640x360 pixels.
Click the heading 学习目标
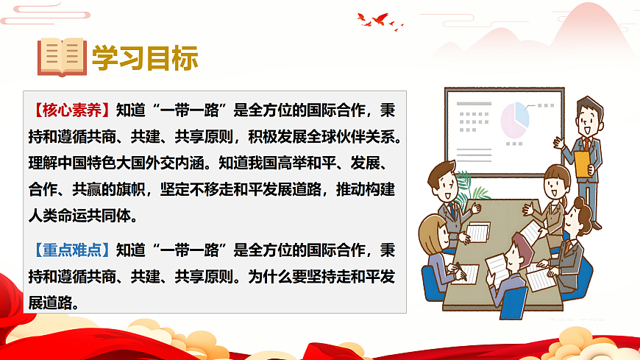click(x=145, y=57)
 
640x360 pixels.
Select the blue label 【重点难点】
click(x=72, y=250)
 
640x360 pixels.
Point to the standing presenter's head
click(x=589, y=114)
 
